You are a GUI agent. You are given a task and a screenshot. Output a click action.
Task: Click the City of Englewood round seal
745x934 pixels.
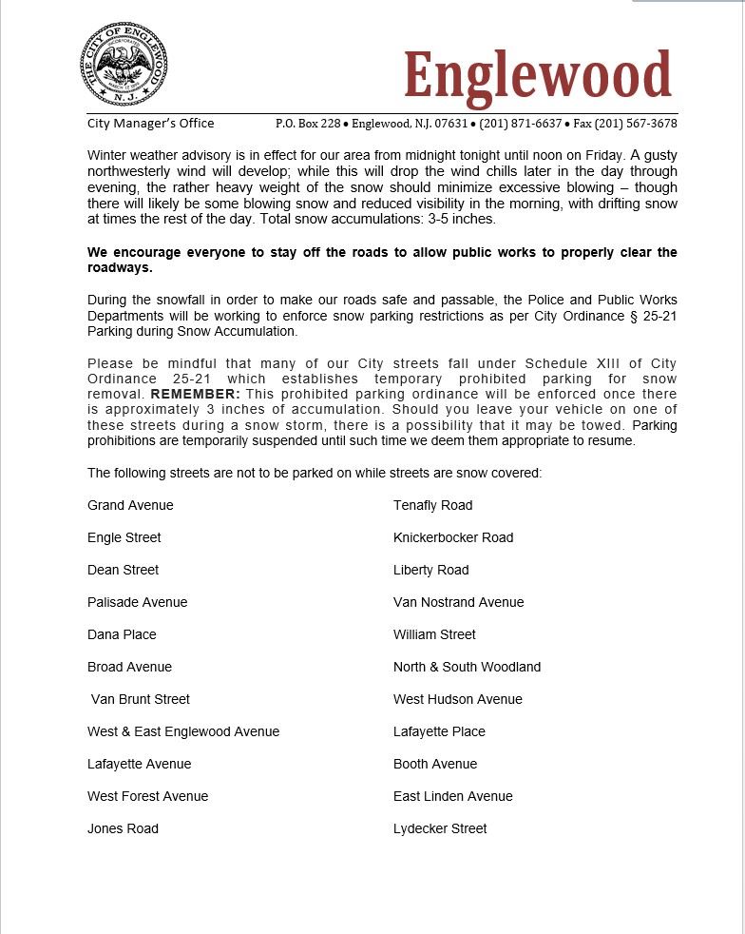tap(124, 65)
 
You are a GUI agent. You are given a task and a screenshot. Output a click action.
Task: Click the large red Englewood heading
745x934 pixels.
tap(538, 74)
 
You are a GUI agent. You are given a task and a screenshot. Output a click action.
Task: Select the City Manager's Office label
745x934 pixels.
tap(150, 123)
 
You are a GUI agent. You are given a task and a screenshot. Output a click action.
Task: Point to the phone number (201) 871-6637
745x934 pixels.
tap(521, 124)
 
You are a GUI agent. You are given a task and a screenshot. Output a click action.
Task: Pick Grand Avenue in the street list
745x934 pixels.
tap(130, 505)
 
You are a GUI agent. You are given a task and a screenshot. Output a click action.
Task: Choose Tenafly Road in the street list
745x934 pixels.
tap(432, 505)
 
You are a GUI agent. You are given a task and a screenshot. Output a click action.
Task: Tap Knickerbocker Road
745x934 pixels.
tap(452, 537)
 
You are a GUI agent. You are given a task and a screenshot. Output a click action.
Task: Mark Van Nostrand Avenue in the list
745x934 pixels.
tap(458, 602)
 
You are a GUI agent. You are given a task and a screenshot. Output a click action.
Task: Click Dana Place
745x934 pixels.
tap(122, 634)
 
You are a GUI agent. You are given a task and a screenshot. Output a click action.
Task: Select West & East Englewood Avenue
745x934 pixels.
tap(183, 731)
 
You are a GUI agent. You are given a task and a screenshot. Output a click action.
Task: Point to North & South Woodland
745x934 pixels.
tap(467, 667)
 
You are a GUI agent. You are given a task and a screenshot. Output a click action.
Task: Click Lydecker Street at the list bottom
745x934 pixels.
tap(439, 828)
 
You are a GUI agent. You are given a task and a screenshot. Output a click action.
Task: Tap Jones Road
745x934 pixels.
tap(123, 828)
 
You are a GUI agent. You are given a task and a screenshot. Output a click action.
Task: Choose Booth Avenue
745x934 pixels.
tap(434, 764)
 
